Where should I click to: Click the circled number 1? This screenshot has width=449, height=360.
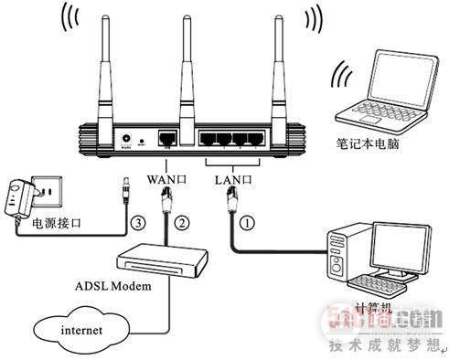tap(245, 219)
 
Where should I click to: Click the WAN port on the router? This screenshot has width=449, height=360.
tap(167, 139)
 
